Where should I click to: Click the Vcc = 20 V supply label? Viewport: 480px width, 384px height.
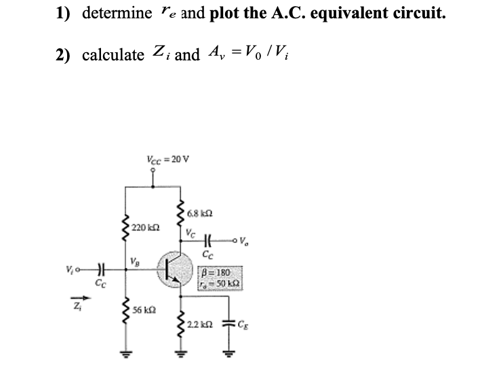coord(167,159)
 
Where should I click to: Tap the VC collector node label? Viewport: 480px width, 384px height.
coord(191,231)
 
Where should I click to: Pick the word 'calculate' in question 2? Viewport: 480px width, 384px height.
coord(113,55)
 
